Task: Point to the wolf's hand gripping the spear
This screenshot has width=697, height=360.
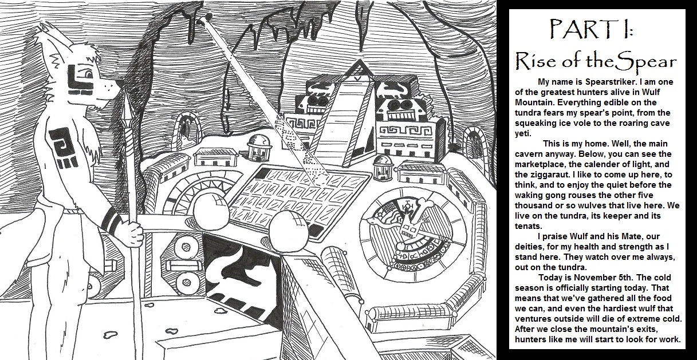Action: click(x=135, y=231)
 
